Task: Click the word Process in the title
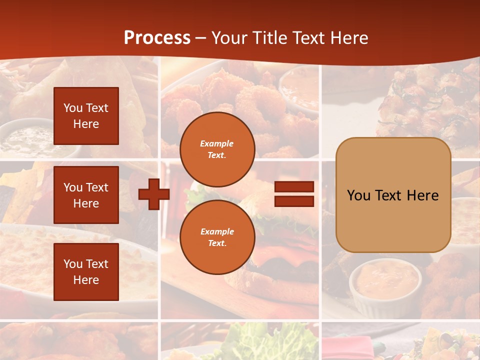(x=157, y=38)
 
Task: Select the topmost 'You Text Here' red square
(x=86, y=116)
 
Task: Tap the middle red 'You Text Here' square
(x=86, y=195)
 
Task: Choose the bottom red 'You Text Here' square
(x=86, y=272)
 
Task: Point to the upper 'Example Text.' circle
(x=217, y=149)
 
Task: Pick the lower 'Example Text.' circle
(x=217, y=237)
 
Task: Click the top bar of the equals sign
(x=294, y=187)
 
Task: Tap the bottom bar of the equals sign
(x=294, y=201)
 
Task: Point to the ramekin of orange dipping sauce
(x=384, y=280)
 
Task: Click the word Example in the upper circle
(x=217, y=143)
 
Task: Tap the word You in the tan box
(x=358, y=195)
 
